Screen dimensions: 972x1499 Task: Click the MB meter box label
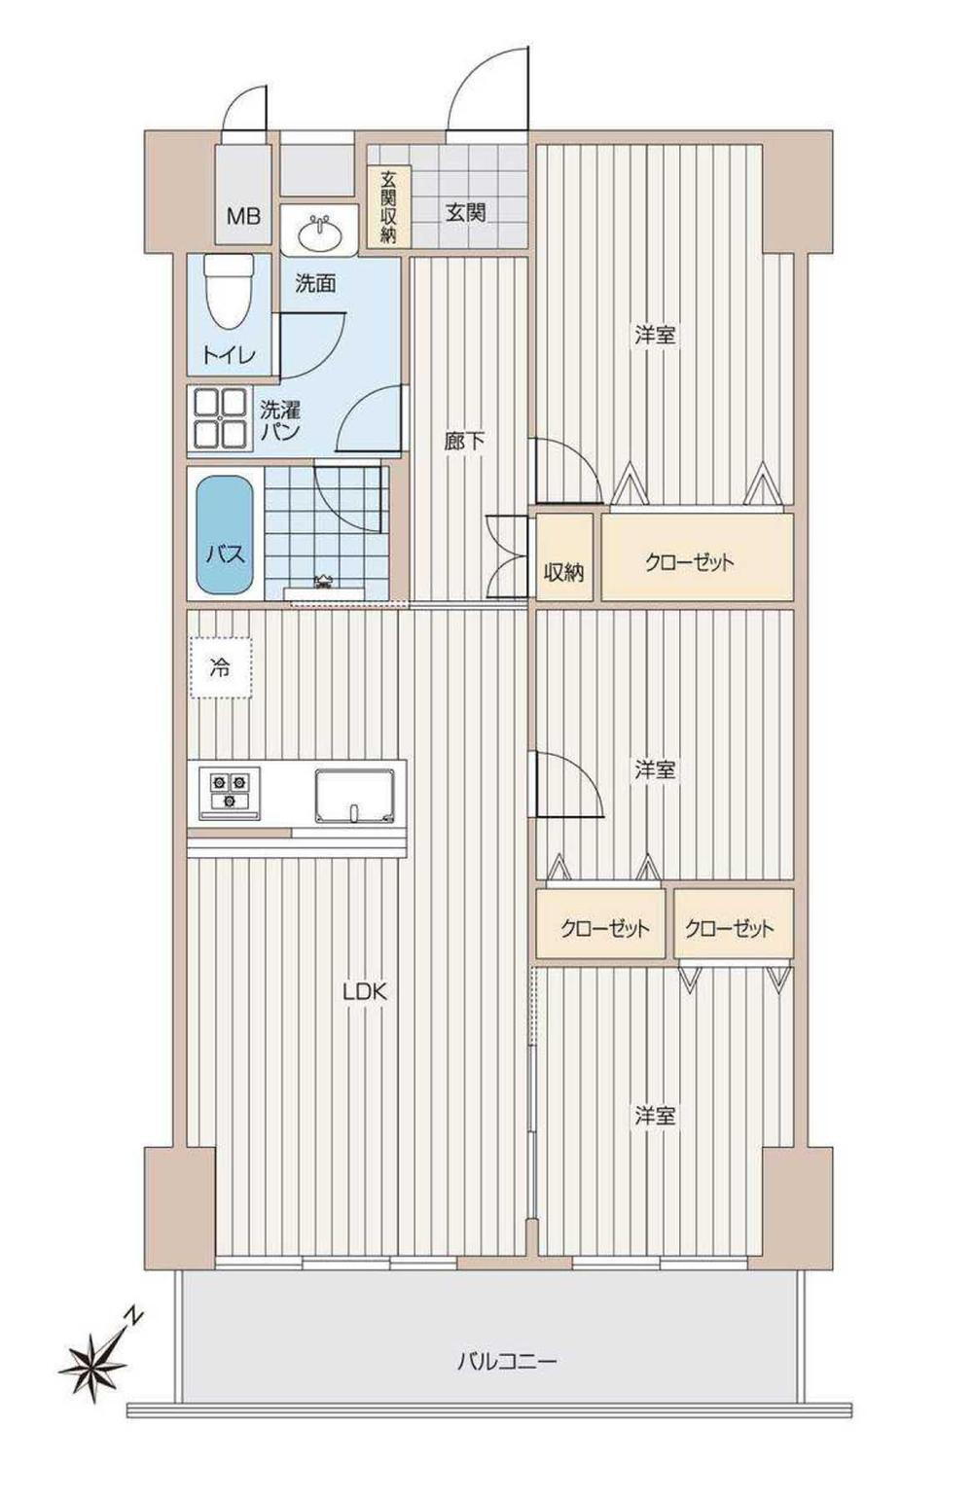(x=243, y=216)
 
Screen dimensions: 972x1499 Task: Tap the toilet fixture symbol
(x=230, y=292)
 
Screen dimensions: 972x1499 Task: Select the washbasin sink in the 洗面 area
(x=319, y=232)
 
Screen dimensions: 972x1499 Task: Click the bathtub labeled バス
(x=226, y=535)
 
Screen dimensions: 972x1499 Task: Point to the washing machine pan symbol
(x=220, y=418)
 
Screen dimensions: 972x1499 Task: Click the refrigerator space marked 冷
(x=221, y=667)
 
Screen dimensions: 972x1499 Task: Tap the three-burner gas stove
(x=229, y=791)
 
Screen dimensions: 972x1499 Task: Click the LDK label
(x=365, y=992)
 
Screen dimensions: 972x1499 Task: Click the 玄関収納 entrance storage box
(x=388, y=207)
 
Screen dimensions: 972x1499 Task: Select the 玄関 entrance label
(x=466, y=213)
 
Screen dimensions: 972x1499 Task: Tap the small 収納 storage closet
(x=565, y=556)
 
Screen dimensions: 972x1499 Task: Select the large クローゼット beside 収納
(x=697, y=556)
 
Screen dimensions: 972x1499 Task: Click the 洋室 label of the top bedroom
(x=656, y=335)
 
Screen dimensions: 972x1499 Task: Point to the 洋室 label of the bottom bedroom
(x=656, y=1116)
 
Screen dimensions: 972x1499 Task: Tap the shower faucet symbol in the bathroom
(x=324, y=582)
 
